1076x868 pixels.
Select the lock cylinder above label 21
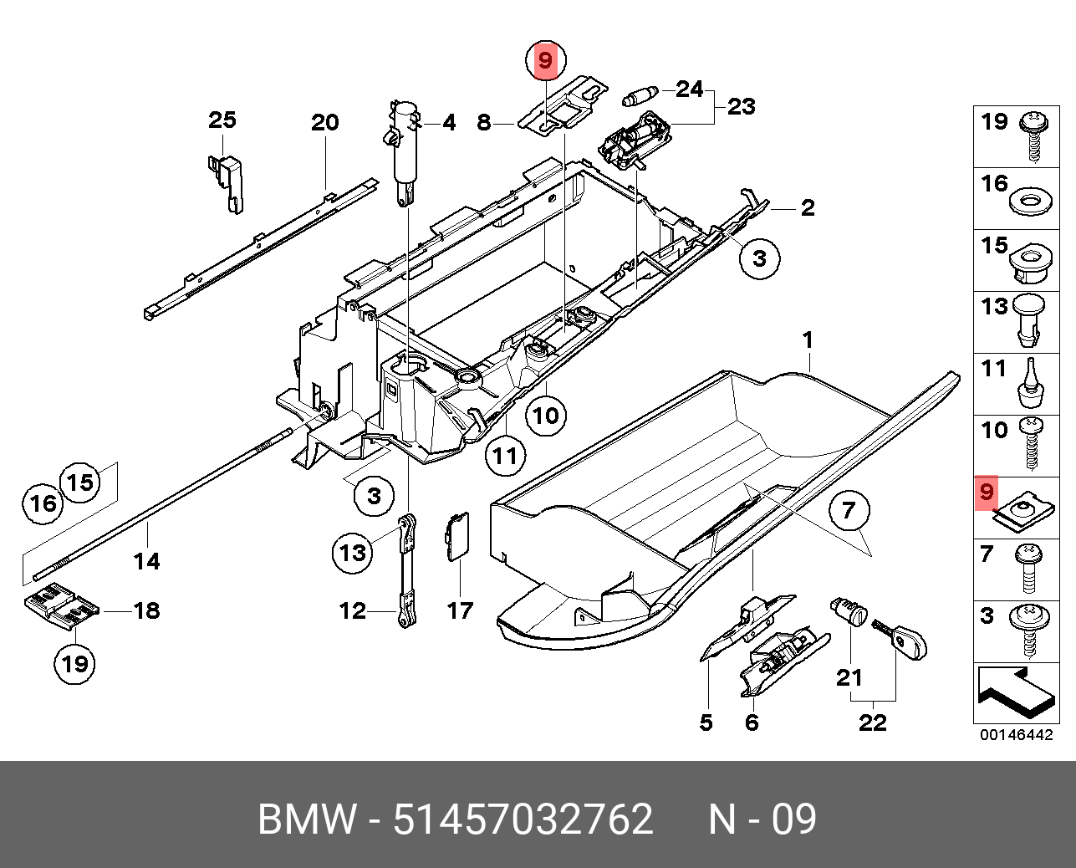[x=849, y=612]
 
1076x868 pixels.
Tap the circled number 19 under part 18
[x=75, y=665]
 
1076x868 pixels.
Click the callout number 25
[x=222, y=120]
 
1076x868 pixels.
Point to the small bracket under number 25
[x=228, y=181]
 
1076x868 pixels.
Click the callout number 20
[x=324, y=123]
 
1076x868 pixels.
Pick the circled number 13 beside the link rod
[x=353, y=553]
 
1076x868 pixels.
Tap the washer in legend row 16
[x=1029, y=202]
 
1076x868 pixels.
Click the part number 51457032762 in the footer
[x=523, y=819]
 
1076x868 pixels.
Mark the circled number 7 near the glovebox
[x=849, y=509]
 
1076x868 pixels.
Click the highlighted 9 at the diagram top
[x=545, y=60]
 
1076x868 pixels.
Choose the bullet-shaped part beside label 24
[x=642, y=95]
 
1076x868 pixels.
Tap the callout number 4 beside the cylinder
[x=449, y=124]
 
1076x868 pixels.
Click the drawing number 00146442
[x=1016, y=735]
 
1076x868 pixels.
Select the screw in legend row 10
[x=1032, y=444]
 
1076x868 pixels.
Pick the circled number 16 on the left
[x=43, y=503]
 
